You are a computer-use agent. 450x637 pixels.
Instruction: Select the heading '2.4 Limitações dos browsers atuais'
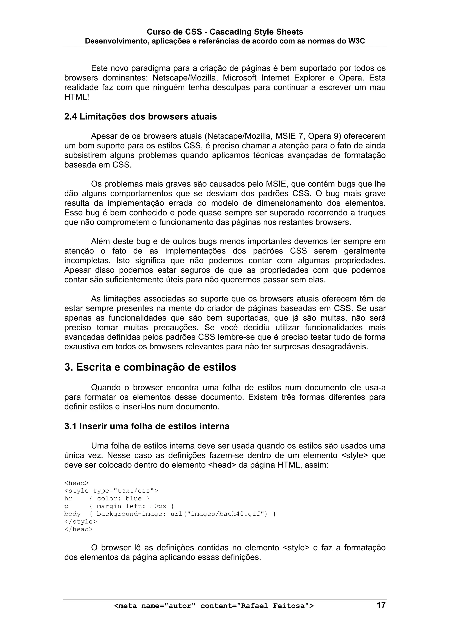[140, 117]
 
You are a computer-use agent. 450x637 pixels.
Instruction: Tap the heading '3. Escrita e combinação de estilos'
[150, 367]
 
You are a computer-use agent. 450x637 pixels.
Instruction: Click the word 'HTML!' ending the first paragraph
[77, 97]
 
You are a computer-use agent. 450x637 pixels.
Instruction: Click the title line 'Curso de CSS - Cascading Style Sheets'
[225, 32]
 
